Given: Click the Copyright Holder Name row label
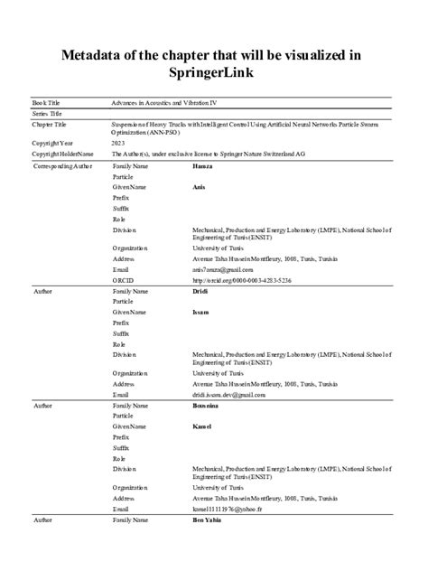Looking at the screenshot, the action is click(60, 154).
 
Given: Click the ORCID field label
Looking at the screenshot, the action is click(122, 281).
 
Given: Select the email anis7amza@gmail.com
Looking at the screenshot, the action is click(223, 269).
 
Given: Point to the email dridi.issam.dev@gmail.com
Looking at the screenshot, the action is click(230, 395).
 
